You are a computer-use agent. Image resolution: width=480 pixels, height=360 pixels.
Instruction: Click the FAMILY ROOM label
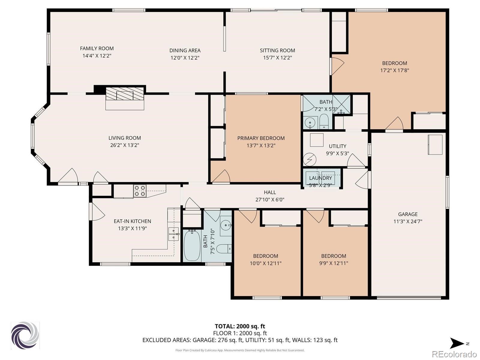tap(97, 48)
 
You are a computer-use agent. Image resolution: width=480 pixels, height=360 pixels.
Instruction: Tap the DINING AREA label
tap(185, 50)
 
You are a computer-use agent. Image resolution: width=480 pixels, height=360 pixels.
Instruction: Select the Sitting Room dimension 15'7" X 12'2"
tap(277, 58)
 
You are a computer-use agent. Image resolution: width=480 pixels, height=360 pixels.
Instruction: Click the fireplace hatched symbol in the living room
tap(124, 94)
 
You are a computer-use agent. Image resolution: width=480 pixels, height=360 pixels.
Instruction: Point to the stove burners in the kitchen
tap(140, 191)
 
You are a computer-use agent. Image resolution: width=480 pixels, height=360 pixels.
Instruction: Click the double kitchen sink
tap(173, 234)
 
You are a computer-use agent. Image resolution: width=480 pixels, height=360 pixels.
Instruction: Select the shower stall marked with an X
tap(341, 104)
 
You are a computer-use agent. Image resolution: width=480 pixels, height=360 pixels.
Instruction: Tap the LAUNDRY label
tap(320, 178)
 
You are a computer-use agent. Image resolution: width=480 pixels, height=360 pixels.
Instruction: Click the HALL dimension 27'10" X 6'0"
tap(270, 199)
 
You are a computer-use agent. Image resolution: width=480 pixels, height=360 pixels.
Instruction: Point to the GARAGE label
tap(408, 214)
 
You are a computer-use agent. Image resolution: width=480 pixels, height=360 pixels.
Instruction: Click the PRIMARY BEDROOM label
tap(261, 138)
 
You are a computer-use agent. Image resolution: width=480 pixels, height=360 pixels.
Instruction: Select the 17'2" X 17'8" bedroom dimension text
tap(394, 70)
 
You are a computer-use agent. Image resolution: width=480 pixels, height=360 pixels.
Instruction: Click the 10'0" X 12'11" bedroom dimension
tap(265, 263)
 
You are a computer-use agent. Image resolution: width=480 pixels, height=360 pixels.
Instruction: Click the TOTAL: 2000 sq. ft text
tap(240, 326)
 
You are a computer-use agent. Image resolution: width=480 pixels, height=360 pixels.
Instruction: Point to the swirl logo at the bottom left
tap(25, 335)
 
